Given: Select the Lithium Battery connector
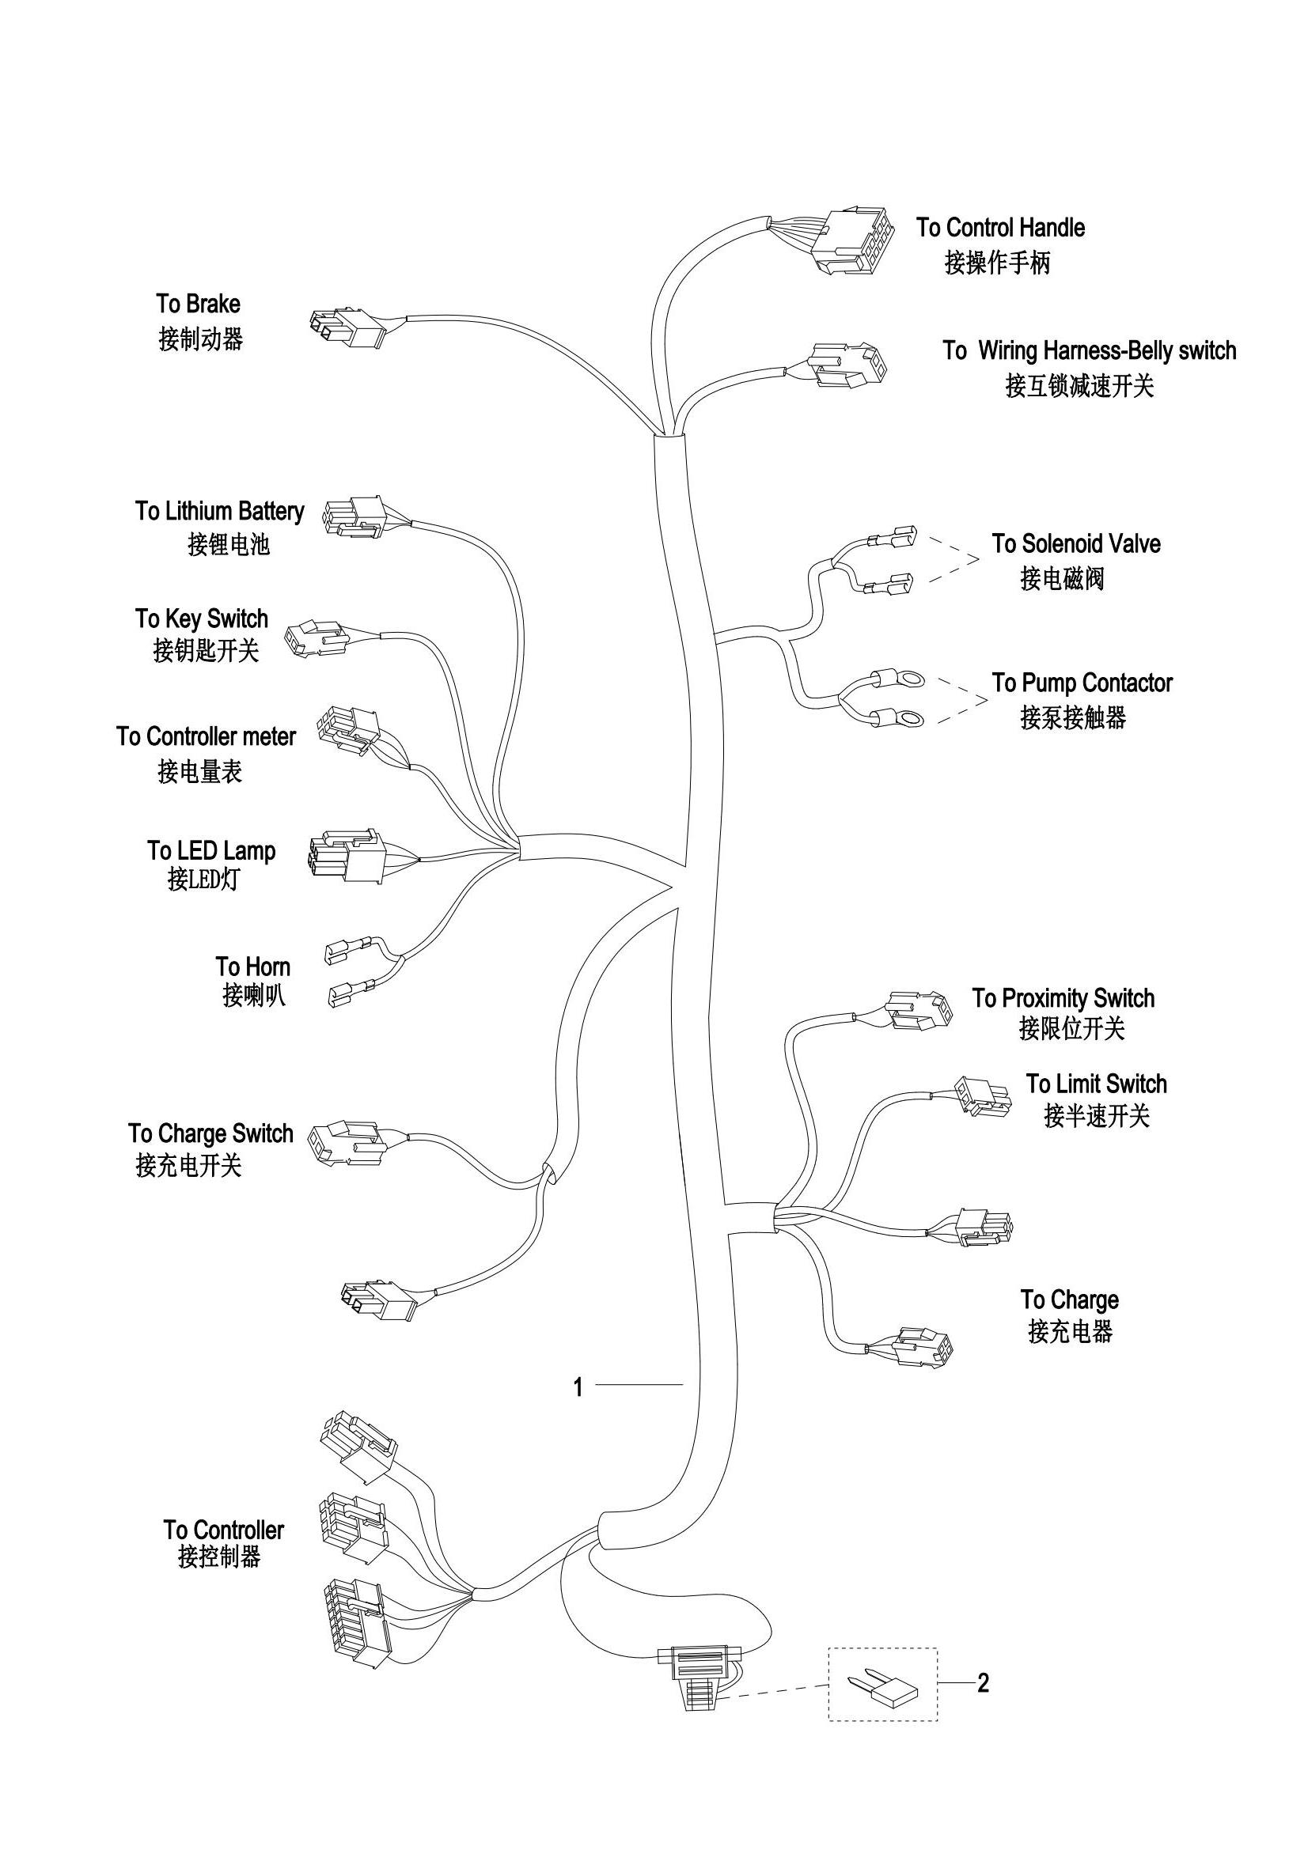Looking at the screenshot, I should point(354,516).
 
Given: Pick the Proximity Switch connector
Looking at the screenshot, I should point(917,1010).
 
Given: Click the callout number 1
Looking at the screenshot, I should point(577,1387).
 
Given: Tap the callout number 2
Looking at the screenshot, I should point(983,1682).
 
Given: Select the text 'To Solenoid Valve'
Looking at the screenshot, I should point(1075,544).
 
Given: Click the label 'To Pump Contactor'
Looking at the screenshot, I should point(1082,683).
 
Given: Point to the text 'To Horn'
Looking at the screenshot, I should point(252,966).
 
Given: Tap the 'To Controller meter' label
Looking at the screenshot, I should point(206,736).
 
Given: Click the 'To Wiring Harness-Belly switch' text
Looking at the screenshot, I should point(1089,350).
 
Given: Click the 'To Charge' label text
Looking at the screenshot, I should point(1070,1300).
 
